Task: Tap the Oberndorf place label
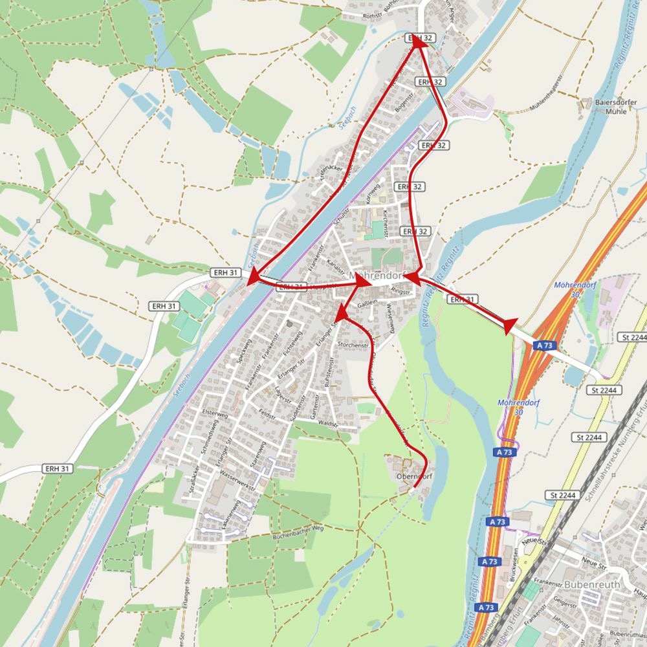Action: coord(413,477)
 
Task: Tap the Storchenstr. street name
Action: coord(353,345)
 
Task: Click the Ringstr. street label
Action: coord(402,292)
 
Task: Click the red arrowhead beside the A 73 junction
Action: coord(509,326)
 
